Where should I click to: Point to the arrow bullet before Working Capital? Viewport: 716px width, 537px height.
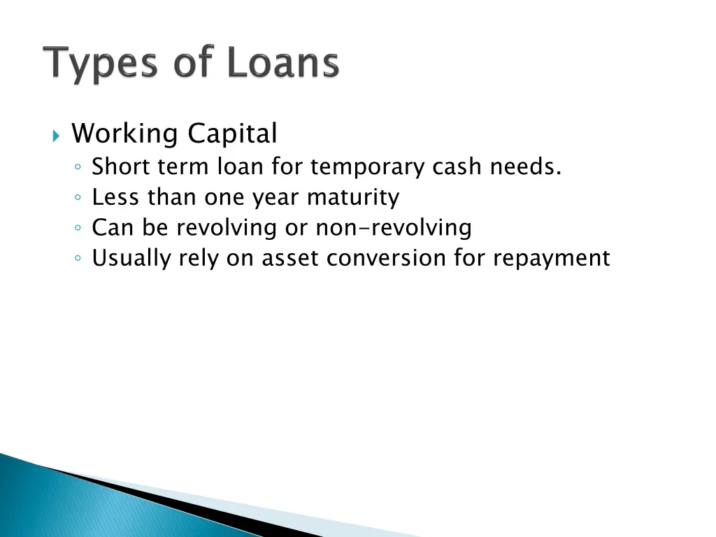click(57, 134)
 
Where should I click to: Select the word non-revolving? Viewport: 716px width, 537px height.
click(394, 228)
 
